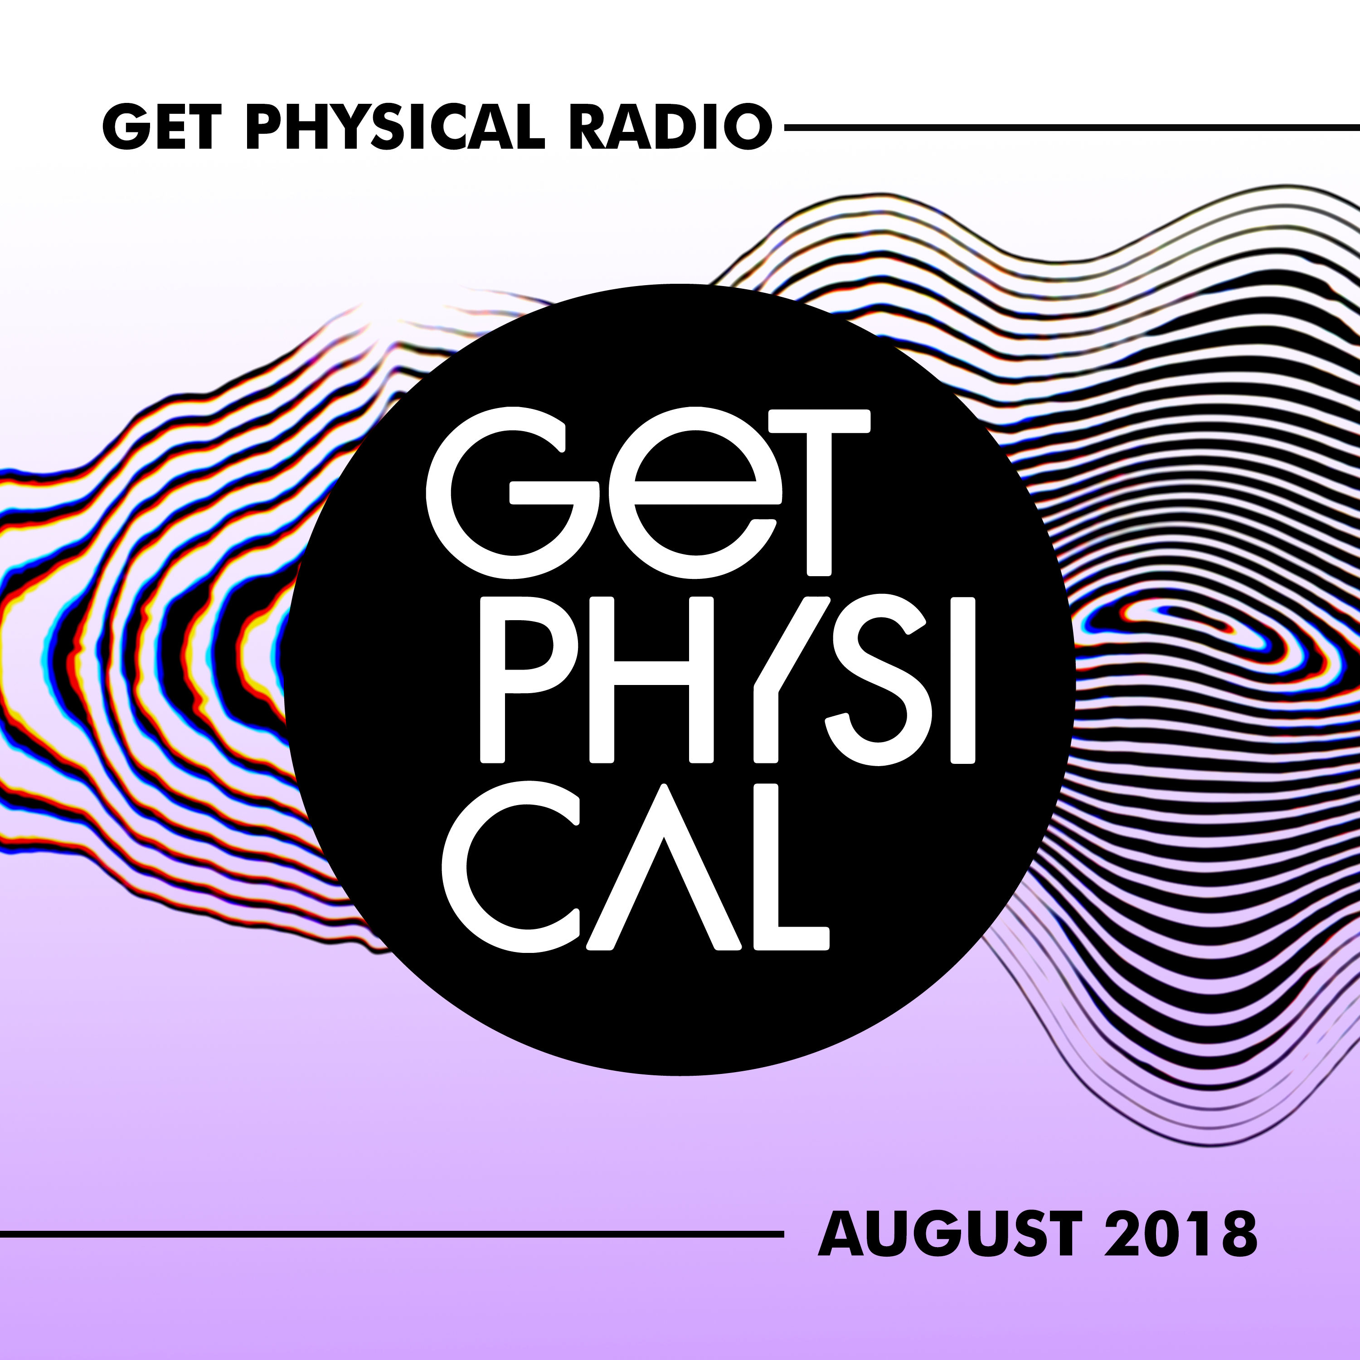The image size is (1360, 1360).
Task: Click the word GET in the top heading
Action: click(x=158, y=128)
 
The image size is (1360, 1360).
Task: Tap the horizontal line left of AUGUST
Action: click(x=391, y=1234)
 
